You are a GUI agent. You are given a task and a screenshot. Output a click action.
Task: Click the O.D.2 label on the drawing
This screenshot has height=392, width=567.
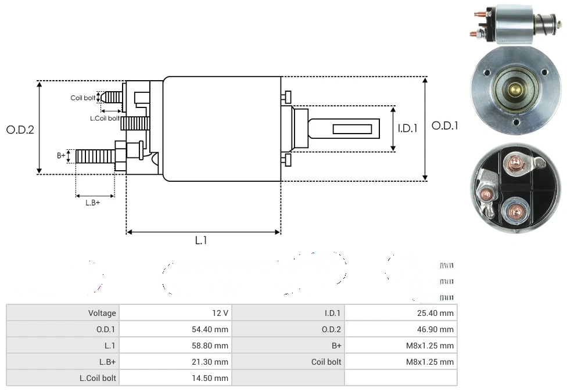point(20,130)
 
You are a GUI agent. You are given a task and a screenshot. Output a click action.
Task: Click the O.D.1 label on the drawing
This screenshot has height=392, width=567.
point(445,125)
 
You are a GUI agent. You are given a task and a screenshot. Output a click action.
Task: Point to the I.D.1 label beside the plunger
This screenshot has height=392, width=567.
point(407,128)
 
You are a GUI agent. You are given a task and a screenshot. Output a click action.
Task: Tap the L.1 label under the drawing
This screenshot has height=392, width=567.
point(201,240)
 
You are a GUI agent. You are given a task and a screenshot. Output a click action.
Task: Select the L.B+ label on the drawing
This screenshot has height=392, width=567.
point(93,203)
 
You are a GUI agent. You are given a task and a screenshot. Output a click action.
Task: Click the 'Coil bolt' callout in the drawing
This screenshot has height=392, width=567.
point(83,98)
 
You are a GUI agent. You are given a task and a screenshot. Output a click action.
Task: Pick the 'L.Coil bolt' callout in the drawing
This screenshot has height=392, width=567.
point(105,118)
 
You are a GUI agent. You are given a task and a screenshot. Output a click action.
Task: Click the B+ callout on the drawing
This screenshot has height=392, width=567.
point(61,155)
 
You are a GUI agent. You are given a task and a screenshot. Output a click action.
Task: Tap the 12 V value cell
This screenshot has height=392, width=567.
point(220,313)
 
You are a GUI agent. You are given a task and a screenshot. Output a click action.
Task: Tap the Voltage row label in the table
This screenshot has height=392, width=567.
point(102,313)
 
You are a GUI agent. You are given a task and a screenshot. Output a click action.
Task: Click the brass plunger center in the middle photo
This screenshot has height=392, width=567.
point(515,89)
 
